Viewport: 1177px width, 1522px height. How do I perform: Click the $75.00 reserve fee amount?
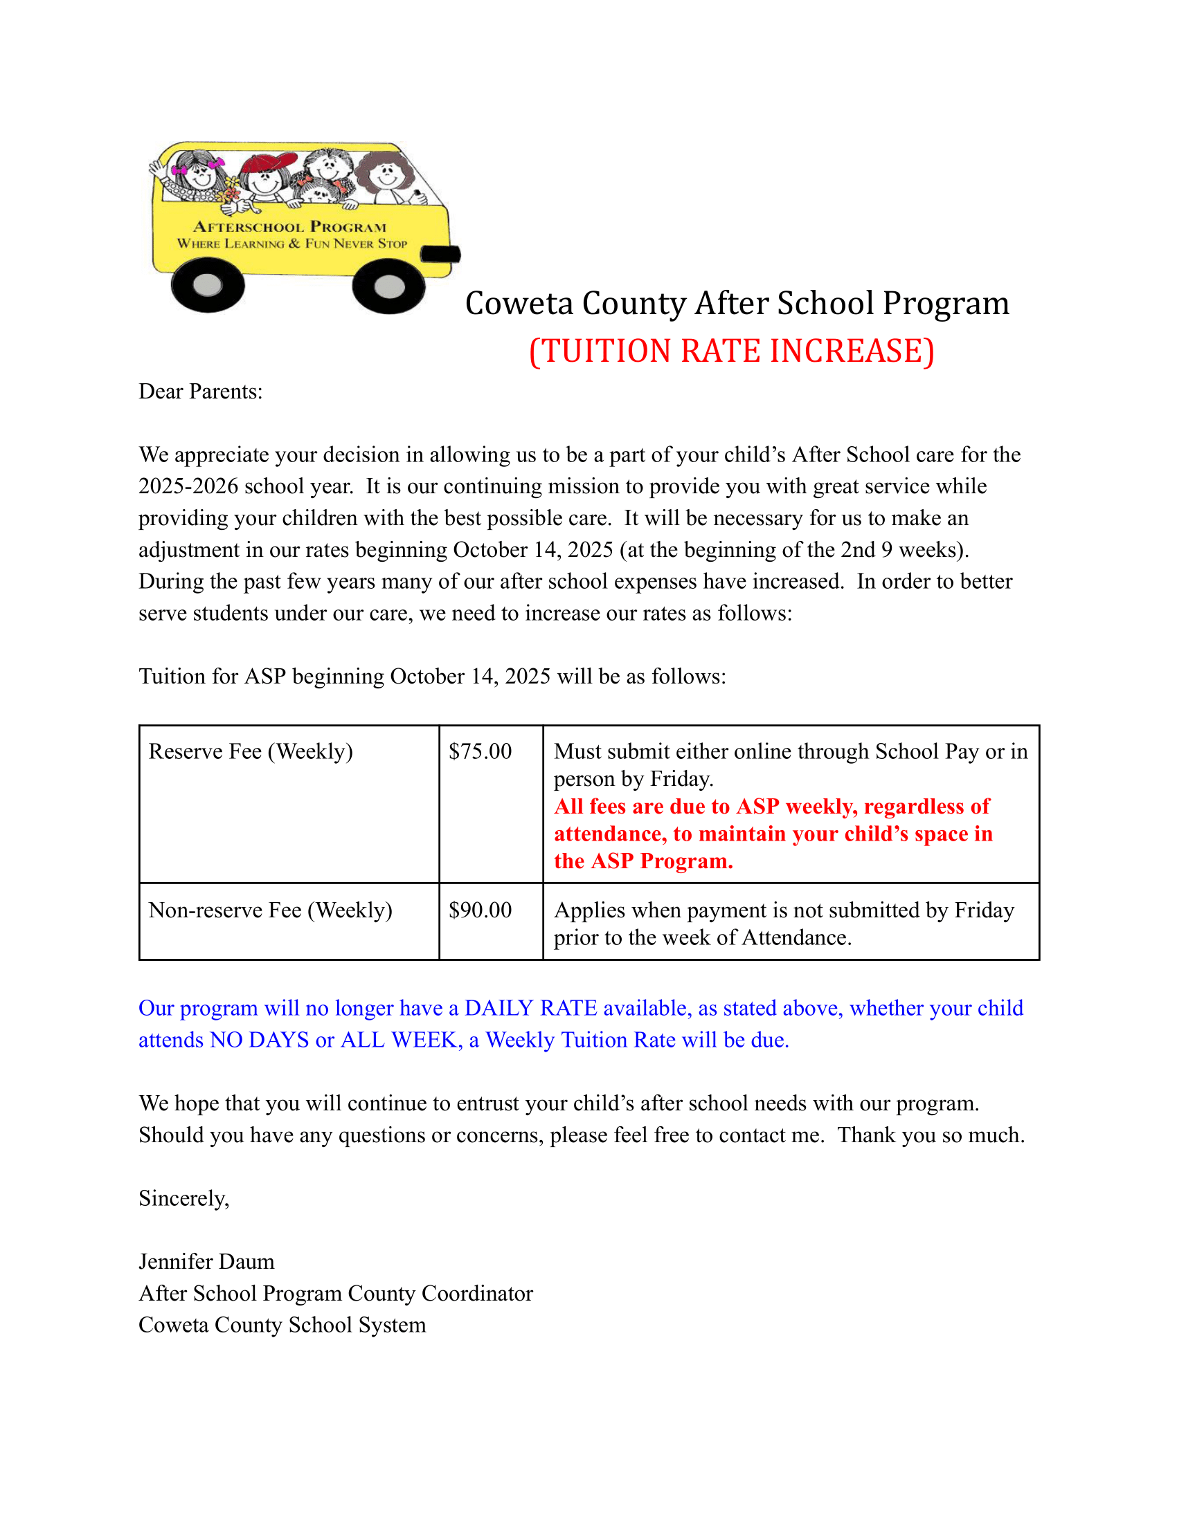point(480,751)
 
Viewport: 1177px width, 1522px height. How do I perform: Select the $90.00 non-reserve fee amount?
point(480,910)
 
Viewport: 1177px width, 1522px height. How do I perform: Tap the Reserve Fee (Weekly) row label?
point(251,751)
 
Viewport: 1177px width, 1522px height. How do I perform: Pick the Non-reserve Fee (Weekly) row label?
point(271,910)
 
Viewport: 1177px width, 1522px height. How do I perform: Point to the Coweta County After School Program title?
point(737,303)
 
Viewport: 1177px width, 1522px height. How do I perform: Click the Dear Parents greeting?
point(200,392)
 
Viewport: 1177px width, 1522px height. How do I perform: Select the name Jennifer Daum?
point(206,1261)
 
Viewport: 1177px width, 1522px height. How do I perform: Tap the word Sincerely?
point(183,1199)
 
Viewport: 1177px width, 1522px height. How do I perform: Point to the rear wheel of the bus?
point(207,284)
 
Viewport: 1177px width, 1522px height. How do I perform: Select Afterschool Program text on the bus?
point(289,227)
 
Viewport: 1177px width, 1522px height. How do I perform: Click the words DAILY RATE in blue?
point(530,1009)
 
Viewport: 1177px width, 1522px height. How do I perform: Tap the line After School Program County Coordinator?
point(335,1294)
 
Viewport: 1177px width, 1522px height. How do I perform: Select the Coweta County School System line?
point(282,1325)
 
